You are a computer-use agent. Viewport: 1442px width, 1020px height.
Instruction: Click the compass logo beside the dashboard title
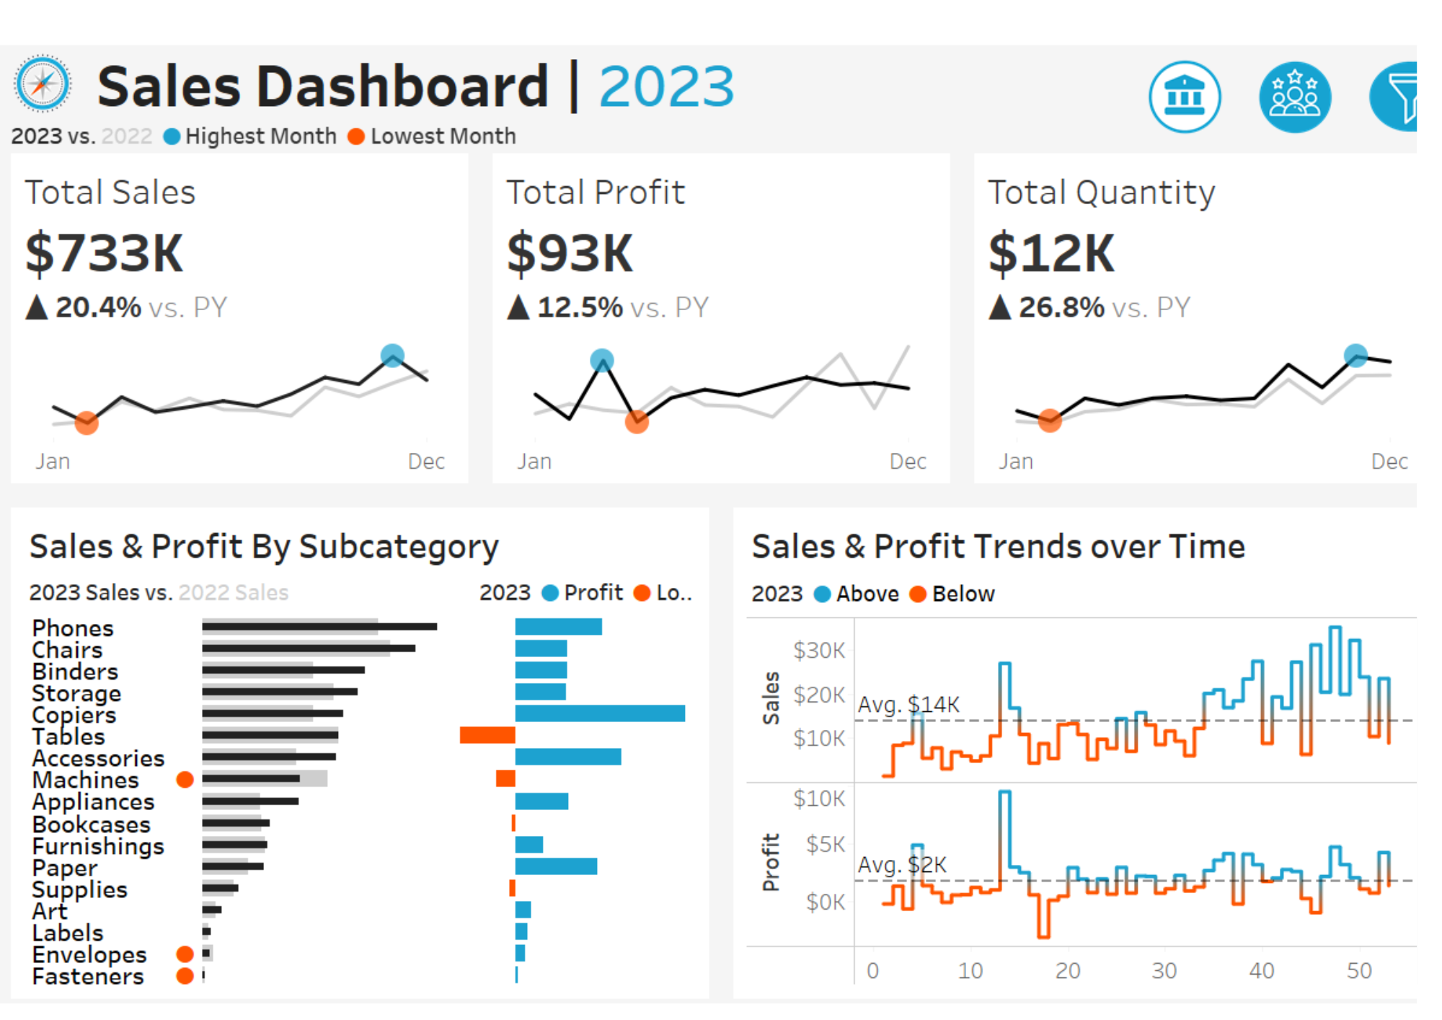(43, 84)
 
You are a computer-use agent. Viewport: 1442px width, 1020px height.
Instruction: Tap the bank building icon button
(1185, 97)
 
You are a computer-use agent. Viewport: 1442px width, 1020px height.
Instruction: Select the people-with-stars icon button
(1295, 97)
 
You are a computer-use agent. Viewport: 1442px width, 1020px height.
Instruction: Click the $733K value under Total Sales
(105, 253)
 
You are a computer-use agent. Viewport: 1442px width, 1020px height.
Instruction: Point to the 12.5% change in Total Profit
(580, 307)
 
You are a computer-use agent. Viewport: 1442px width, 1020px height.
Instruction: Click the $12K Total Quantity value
(1051, 253)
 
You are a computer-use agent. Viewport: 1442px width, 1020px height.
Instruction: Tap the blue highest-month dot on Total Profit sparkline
(602, 360)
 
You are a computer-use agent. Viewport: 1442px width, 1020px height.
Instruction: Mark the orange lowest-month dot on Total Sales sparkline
(87, 422)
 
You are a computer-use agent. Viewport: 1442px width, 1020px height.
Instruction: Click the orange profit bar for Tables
(487, 735)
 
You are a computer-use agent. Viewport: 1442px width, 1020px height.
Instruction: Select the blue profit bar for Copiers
(600, 713)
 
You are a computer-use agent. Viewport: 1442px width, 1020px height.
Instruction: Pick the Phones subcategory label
(73, 628)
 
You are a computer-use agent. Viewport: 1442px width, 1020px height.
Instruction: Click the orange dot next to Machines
(185, 779)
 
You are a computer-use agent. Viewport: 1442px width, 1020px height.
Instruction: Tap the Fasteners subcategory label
(88, 976)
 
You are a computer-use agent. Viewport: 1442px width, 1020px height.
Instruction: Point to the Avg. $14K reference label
(908, 704)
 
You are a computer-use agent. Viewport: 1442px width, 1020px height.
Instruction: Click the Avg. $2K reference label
(902, 864)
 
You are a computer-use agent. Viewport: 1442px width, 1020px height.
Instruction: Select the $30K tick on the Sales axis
(819, 651)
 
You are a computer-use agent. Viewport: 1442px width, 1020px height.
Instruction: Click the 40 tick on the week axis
(1262, 971)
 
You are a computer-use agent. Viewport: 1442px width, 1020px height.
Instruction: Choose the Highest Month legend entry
(250, 136)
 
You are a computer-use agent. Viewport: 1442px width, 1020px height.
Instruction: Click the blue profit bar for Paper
(556, 866)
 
